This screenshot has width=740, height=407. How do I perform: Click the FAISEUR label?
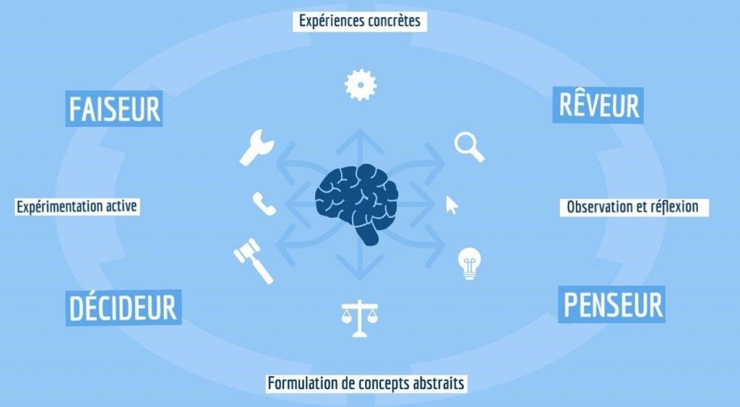pos(114,108)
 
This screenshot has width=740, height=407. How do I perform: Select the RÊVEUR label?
pos(598,105)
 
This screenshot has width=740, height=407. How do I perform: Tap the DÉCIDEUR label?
pos(123,307)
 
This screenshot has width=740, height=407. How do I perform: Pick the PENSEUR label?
pos(611,305)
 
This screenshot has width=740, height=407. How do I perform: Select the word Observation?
pos(599,207)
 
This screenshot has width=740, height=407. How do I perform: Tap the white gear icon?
pos(361,85)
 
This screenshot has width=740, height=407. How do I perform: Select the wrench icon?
pos(257,147)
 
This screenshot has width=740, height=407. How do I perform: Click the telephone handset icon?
pos(264,204)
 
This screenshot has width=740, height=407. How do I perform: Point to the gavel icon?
pos(254,261)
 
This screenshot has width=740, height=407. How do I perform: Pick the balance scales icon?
pos(360,319)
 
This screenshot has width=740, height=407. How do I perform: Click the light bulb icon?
pos(469,264)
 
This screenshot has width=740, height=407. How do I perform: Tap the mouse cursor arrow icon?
pos(452,206)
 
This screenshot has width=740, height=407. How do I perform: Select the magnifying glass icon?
pos(469,147)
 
